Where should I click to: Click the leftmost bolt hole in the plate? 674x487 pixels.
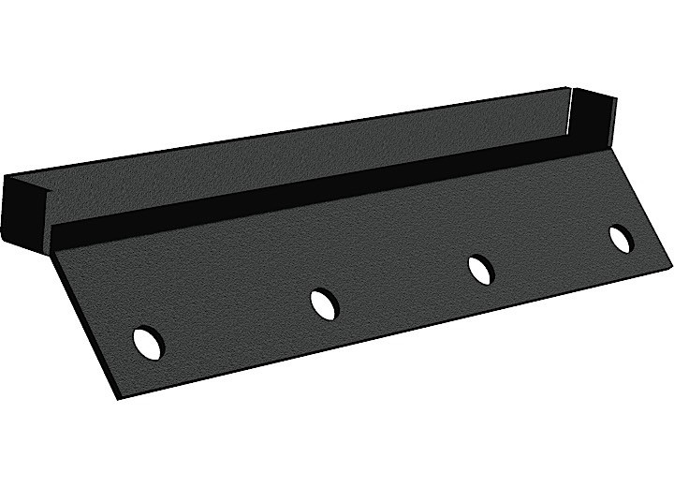tap(148, 342)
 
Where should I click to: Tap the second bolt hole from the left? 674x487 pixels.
tap(324, 303)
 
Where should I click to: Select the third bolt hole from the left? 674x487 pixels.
tap(481, 269)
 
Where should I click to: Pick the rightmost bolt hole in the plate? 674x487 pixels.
tap(621, 239)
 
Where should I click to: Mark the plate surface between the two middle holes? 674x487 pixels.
tap(403, 286)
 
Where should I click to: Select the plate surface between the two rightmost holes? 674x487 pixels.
tap(551, 254)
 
